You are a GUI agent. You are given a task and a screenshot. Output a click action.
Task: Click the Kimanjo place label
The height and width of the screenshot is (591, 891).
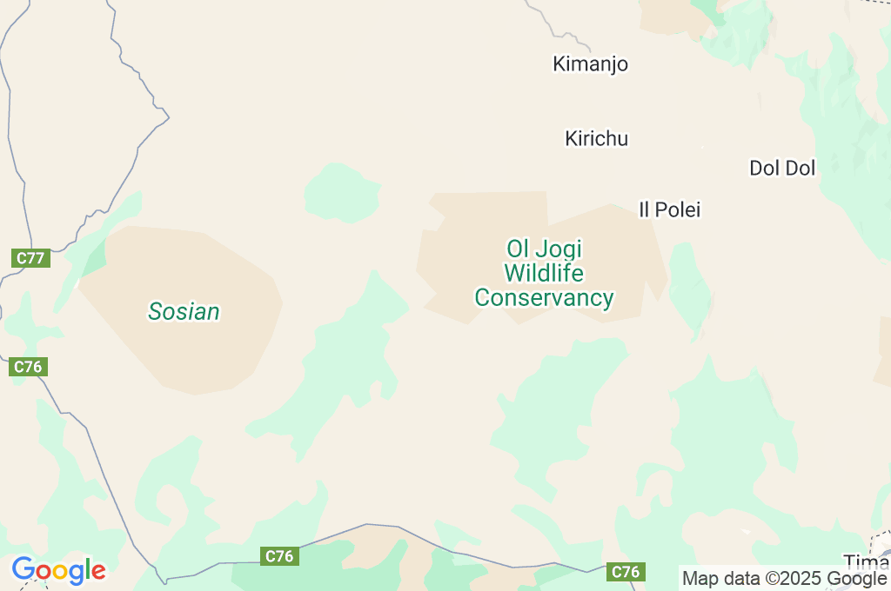click(x=590, y=64)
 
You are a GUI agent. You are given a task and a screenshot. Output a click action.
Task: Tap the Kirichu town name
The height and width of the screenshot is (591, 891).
click(x=596, y=139)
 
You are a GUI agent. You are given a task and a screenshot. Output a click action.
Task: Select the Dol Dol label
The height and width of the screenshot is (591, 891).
click(x=782, y=169)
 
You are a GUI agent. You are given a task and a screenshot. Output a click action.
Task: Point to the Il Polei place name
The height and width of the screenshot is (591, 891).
click(x=669, y=209)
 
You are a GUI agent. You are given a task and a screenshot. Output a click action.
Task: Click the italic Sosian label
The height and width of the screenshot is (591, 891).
click(x=184, y=311)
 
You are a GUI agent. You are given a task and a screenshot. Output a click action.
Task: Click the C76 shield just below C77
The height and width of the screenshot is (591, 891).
click(x=28, y=367)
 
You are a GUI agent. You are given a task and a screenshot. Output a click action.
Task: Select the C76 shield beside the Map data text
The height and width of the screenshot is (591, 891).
click(x=626, y=571)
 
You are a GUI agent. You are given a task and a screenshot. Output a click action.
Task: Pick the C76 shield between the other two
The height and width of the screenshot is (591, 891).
click(x=279, y=556)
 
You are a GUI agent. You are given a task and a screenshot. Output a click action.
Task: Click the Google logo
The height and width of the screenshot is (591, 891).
click(x=58, y=570)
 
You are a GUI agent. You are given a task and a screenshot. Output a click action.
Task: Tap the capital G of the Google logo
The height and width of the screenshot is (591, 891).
click(x=23, y=569)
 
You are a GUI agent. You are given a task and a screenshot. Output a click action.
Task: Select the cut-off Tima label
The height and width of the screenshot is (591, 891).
click(x=867, y=561)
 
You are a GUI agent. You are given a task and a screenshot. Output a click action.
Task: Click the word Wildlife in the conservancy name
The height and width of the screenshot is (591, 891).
click(x=544, y=274)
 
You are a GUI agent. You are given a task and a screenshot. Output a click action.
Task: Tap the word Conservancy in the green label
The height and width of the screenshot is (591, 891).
click(x=544, y=298)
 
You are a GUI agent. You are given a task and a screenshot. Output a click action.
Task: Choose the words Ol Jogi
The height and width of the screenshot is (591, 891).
click(x=544, y=249)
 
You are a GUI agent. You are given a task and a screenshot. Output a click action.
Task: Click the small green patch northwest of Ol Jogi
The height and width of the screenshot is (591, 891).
click(x=342, y=191)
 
